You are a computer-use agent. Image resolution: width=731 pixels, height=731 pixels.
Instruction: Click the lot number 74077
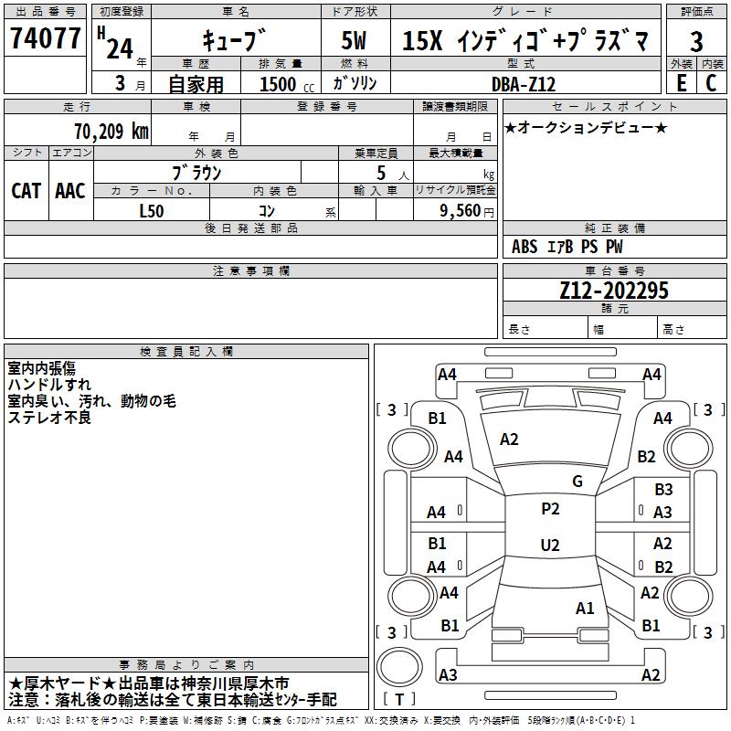click(45, 37)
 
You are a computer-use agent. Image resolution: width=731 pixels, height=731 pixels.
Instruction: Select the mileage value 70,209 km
click(111, 131)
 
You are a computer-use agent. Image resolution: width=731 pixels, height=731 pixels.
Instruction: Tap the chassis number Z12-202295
click(614, 290)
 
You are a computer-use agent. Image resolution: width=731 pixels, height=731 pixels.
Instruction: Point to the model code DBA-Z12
click(524, 84)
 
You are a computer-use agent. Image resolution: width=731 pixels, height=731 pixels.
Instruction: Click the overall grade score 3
click(696, 42)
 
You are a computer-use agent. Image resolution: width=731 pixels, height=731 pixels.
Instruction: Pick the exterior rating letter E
click(682, 83)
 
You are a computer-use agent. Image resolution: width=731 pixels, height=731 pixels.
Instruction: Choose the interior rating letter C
click(711, 83)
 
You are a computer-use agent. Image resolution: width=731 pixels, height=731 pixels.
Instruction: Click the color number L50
click(152, 211)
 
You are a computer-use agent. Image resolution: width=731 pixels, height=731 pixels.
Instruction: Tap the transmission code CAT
click(26, 191)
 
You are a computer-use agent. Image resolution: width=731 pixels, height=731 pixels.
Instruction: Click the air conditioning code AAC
click(70, 191)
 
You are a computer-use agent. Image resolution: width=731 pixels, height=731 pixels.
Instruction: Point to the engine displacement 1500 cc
click(287, 84)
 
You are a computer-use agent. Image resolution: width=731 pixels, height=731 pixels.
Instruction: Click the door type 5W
click(354, 40)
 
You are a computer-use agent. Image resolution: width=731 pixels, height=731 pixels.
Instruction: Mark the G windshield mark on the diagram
click(577, 482)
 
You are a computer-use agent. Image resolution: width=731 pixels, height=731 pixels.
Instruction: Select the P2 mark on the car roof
click(550, 509)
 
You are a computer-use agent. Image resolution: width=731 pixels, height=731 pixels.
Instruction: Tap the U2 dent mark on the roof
click(550, 545)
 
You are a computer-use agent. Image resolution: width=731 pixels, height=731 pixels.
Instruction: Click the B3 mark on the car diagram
click(663, 490)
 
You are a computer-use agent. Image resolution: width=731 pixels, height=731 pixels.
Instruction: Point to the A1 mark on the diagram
click(585, 608)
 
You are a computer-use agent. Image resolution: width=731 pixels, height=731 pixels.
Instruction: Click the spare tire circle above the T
click(399, 666)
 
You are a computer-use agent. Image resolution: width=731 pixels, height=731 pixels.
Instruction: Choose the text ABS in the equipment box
click(524, 247)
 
